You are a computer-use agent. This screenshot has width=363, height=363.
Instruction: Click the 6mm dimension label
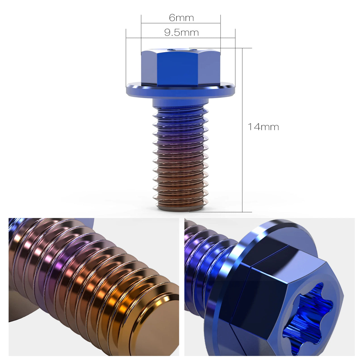click(x=181, y=18)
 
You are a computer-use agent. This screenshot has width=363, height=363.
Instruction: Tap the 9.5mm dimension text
click(x=181, y=33)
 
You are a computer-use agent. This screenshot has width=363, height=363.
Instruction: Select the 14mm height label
click(x=263, y=127)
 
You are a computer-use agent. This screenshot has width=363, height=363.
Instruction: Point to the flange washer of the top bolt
click(x=181, y=90)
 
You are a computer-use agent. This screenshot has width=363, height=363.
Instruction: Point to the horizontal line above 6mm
click(x=181, y=23)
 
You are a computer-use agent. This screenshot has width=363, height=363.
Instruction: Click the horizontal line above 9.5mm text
click(x=181, y=37)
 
